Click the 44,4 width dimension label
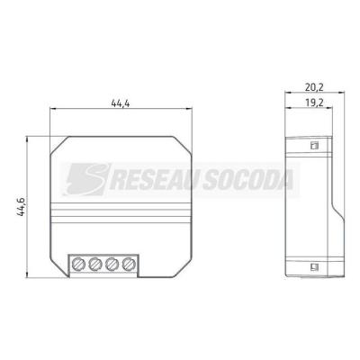click(x=121, y=103)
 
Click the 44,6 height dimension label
click(x=22, y=207)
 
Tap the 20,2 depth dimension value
click(x=314, y=87)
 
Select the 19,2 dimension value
click(x=314, y=103)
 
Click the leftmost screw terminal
click(x=79, y=264)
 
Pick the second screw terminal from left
click(x=95, y=264)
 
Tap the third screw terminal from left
click(x=112, y=264)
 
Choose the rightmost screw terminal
click(x=129, y=264)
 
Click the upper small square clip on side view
click(x=314, y=146)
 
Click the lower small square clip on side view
click(x=314, y=265)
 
